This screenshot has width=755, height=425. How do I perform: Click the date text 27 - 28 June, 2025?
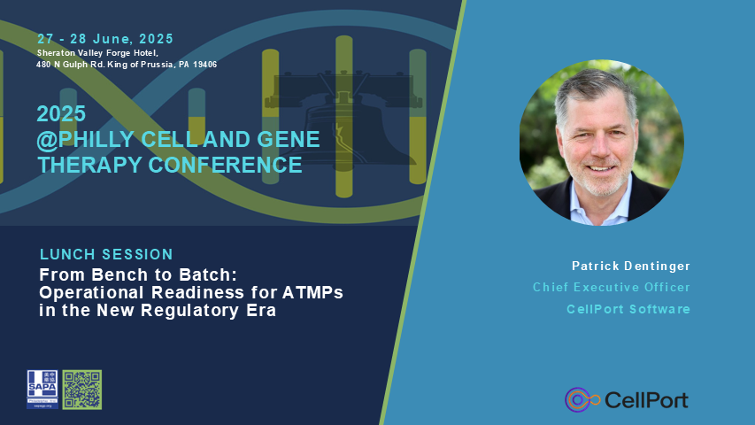(105, 39)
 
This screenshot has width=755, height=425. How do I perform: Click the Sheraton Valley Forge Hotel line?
(97, 53)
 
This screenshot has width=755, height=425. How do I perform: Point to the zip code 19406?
(203, 65)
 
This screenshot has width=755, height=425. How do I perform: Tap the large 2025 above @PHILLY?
(61, 114)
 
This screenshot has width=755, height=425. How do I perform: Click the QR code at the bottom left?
(81, 389)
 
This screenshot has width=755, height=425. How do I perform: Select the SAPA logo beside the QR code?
(42, 389)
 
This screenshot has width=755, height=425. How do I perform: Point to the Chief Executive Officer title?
(611, 287)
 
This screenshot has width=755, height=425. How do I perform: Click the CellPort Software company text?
(628, 309)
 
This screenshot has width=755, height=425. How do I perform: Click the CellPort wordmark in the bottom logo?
(645, 400)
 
